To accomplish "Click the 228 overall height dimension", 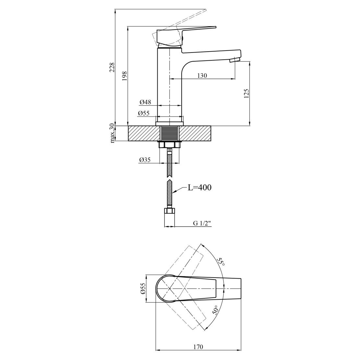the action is pos(112,67).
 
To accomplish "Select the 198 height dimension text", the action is pos(124,76).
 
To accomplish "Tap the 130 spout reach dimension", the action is pos(202,75).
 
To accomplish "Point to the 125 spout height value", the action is pos(246,93).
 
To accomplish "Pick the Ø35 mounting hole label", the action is pos(145,160).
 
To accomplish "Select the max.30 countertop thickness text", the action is pos(112,133).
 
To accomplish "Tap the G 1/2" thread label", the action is pos(202,223).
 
